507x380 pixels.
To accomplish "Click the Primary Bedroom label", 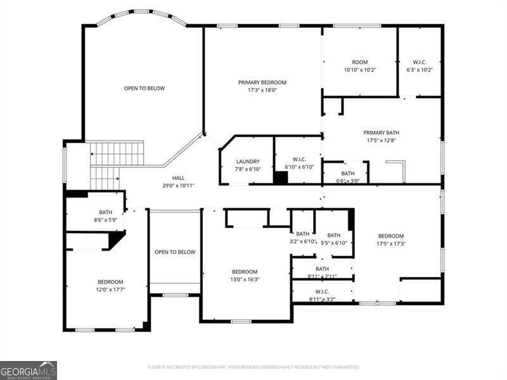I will pyautogui.click(x=262, y=86).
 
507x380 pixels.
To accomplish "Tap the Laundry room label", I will pyautogui.click(x=248, y=165).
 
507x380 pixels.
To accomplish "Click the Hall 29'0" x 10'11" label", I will pyautogui.click(x=178, y=182).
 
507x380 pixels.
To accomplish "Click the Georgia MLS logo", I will pyautogui.click(x=29, y=370).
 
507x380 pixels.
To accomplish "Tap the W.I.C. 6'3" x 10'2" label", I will pyautogui.click(x=419, y=66).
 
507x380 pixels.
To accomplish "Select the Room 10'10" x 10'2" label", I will pyautogui.click(x=359, y=66).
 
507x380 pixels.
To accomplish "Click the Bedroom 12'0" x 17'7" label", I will pyautogui.click(x=110, y=286).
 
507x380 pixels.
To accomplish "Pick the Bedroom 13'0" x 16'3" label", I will pyautogui.click(x=245, y=275).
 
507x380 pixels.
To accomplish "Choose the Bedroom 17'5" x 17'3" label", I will pyautogui.click(x=390, y=239).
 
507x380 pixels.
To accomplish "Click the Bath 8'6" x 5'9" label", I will pyautogui.click(x=105, y=216).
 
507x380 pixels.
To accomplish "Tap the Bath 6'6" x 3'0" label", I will pyautogui.click(x=348, y=177).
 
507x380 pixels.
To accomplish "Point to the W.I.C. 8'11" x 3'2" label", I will pyautogui.click(x=322, y=295).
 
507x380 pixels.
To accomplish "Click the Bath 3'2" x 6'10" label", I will pyautogui.click(x=303, y=237).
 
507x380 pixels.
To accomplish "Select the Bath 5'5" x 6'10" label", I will pyautogui.click(x=333, y=239).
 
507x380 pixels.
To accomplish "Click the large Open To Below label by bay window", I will pyautogui.click(x=144, y=88).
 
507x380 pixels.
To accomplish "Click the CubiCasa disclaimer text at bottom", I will pyautogui.click(x=253, y=367).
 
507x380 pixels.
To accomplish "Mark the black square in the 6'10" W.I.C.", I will pyautogui.click(x=281, y=177).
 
